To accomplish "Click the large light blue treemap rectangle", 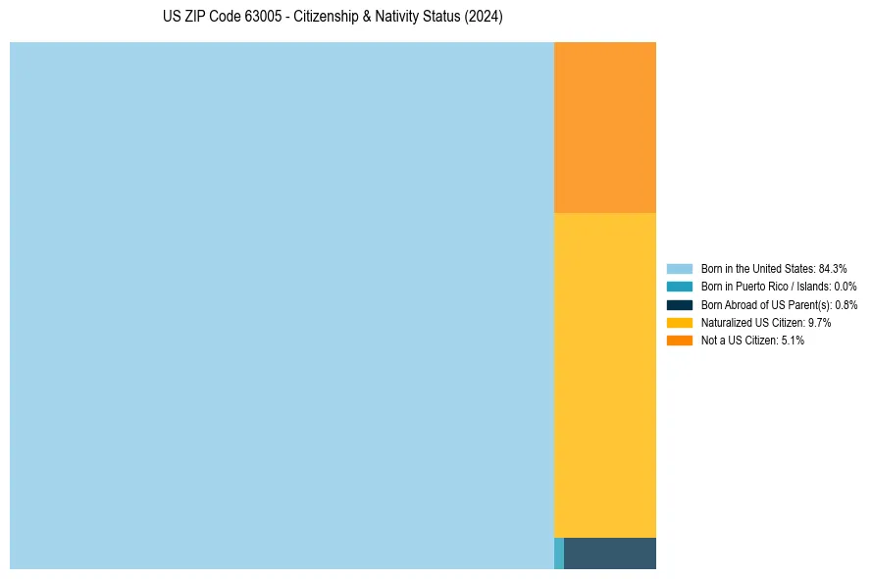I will click(x=282, y=305).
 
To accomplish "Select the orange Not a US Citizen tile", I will click(x=605, y=127).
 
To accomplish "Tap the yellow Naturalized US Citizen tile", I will click(x=605, y=375).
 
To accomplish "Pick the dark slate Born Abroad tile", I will click(x=610, y=553).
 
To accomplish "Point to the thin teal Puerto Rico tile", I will click(x=559, y=553).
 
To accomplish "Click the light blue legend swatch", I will click(x=680, y=268).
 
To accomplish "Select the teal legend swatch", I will click(x=680, y=287).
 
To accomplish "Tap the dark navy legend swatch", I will click(x=680, y=304).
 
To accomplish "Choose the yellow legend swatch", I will click(x=680, y=322).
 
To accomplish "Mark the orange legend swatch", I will click(x=680, y=341).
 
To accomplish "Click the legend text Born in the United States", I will click(x=757, y=268).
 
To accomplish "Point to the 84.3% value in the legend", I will click(x=833, y=268).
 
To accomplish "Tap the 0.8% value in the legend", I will click(x=846, y=304).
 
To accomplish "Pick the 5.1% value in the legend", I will click(x=793, y=341).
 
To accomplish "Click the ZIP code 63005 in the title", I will click(x=265, y=18).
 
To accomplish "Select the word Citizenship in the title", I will click(x=328, y=18).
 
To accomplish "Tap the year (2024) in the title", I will click(x=484, y=18).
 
